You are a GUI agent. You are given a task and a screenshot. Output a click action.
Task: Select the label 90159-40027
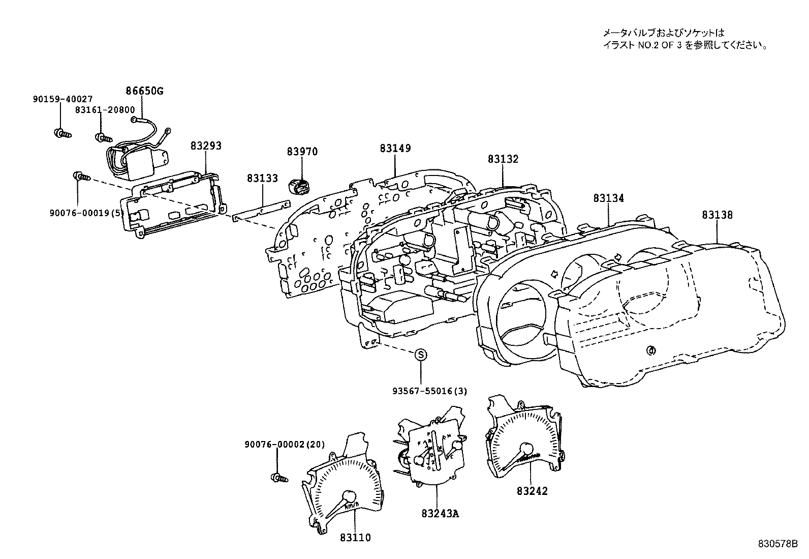point(63,99)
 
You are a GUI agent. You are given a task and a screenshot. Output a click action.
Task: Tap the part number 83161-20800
point(105,109)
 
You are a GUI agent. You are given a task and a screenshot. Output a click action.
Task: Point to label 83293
point(206,146)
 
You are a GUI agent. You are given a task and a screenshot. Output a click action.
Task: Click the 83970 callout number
point(302,152)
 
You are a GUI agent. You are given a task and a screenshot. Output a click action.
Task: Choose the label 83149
point(395,149)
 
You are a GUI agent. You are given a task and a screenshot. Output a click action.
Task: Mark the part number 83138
point(718,215)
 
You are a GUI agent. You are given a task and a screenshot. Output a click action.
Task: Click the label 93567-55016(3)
point(429,391)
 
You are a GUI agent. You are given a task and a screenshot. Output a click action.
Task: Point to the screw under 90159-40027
point(62,134)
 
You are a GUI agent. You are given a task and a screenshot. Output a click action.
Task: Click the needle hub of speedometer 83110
point(350,496)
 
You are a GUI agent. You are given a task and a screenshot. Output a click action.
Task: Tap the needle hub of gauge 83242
point(525,449)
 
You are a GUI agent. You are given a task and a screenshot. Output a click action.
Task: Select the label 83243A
point(440,513)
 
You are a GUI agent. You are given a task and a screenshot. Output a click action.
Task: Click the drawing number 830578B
point(781,544)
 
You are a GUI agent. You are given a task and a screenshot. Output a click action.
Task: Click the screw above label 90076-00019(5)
point(81,176)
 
